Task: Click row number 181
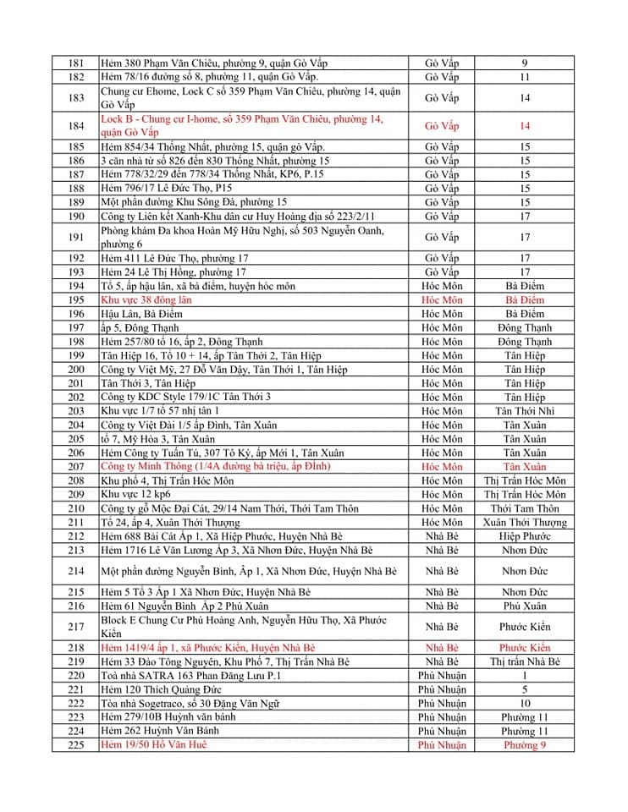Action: [76, 63]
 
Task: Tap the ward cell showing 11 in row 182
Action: [525, 77]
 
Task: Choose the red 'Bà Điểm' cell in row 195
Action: [525, 300]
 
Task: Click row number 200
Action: [76, 370]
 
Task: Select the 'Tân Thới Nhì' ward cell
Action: [525, 411]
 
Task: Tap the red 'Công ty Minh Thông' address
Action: [215, 467]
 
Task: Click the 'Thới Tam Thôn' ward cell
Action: [525, 508]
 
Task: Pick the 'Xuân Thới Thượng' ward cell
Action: [525, 523]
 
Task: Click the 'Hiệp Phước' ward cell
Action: [525, 536]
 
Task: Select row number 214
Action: [76, 571]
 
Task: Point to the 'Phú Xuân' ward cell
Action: [525, 606]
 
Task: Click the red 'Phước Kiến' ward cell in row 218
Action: [525, 648]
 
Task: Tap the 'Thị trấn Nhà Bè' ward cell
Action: [525, 661]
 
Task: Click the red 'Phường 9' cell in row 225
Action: [525, 745]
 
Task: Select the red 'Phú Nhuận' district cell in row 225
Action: [442, 745]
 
